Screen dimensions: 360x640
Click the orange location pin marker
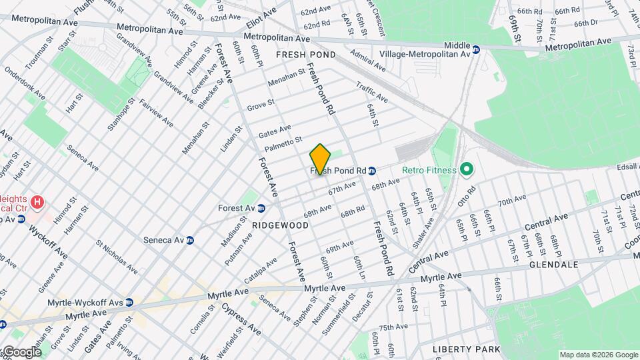[x=320, y=159]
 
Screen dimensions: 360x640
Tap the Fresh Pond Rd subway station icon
[x=373, y=171]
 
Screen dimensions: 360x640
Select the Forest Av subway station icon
[x=261, y=208]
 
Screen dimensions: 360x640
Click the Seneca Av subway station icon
[x=190, y=240]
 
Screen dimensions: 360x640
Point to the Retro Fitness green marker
[x=465, y=170]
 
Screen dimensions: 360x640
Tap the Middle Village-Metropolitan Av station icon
[x=476, y=49]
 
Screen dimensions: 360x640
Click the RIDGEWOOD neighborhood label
[x=281, y=225]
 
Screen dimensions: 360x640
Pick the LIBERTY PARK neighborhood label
[x=466, y=349]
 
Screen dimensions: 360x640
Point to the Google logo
[x=21, y=352]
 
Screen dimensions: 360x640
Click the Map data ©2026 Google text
[x=599, y=355]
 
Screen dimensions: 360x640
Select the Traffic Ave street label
[x=372, y=93]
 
